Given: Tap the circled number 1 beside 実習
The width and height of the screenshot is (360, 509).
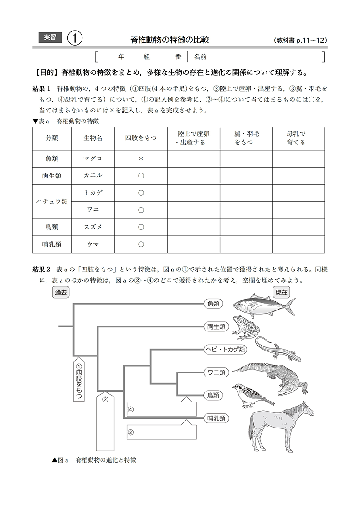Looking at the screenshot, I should (74, 39).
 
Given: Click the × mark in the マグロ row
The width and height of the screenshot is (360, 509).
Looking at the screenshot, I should (141, 158).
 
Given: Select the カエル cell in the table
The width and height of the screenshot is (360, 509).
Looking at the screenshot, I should (93, 175).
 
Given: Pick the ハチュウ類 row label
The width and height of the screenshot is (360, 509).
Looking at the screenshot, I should (52, 201).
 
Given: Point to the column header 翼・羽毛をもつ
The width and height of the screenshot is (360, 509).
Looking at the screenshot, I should (246, 138).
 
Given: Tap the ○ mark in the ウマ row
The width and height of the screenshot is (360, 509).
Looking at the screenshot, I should (141, 244).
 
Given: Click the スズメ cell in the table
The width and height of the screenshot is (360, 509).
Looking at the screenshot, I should (93, 227).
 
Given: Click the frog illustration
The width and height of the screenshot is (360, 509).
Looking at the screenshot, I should (246, 327).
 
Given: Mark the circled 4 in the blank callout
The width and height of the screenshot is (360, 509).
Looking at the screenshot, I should (131, 409).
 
